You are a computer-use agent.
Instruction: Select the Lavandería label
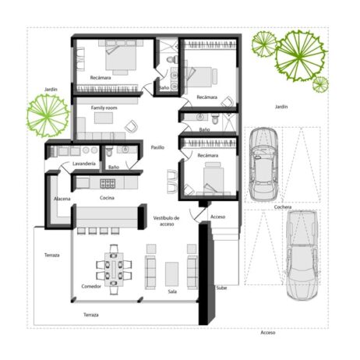point(83,164)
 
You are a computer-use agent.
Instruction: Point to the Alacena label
point(62,199)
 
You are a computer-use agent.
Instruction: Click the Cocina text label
point(108,198)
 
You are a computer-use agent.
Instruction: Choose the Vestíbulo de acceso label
point(166,221)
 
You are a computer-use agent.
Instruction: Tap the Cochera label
point(283,207)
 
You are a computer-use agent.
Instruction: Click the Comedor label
point(91,287)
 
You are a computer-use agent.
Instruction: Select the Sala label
point(172,291)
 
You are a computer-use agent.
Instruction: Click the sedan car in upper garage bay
point(262,164)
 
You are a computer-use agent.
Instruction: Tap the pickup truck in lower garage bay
point(300,254)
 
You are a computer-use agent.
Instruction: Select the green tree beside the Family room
point(48,114)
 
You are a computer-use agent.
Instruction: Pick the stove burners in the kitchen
point(106,183)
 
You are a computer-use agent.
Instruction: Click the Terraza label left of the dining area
point(52,255)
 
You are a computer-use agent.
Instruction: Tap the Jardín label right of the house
point(281,106)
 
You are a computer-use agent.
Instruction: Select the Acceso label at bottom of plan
point(267,332)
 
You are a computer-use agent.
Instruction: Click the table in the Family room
point(103,119)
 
